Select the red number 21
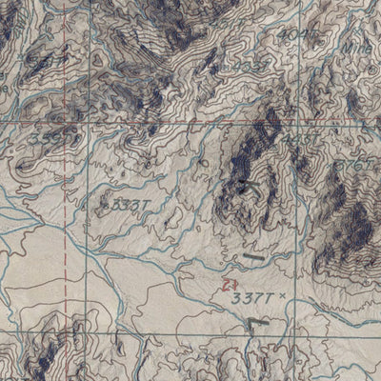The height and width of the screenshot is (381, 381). pyautogui.click(x=226, y=283)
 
